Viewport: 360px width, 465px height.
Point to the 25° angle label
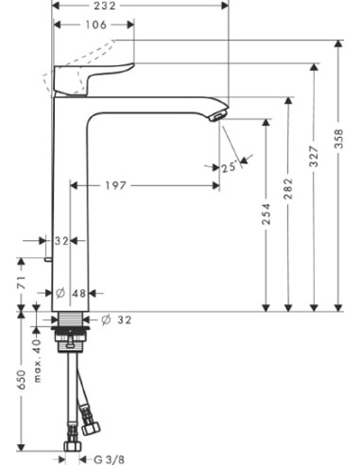228,167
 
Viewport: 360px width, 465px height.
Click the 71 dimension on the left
20,283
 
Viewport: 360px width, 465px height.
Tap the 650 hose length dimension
20,380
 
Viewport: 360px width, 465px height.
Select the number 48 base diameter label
79,293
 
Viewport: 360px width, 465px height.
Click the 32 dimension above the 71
62,242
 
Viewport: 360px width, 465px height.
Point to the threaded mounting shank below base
72,331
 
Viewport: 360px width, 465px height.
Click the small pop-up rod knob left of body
47,257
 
